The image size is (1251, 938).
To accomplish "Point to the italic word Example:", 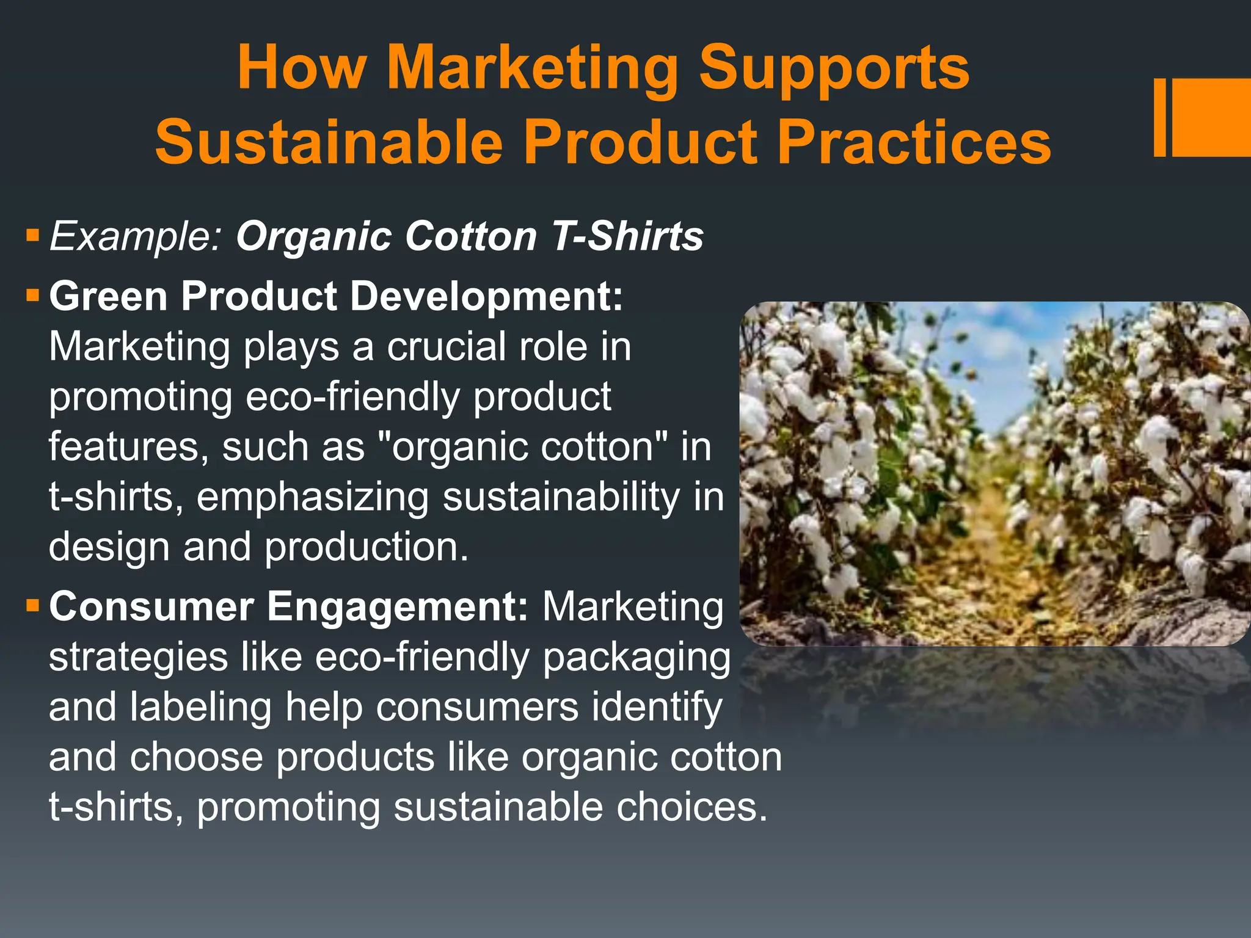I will coord(135,236).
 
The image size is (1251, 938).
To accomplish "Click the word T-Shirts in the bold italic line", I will coord(627,236).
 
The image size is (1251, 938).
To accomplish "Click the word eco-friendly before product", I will coord(352,397).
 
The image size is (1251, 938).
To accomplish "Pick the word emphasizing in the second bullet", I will coord(312,497).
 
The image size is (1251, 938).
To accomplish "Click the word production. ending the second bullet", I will coord(367,547).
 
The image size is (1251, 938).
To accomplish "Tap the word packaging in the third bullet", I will coord(636,658).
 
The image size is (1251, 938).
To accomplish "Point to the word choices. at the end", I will coord(691,807).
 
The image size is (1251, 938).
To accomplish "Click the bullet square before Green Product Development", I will coord(33,297).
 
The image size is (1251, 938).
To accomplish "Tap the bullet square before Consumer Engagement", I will coord(33,606).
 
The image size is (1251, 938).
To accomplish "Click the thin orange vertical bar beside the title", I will coord(1159,117).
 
